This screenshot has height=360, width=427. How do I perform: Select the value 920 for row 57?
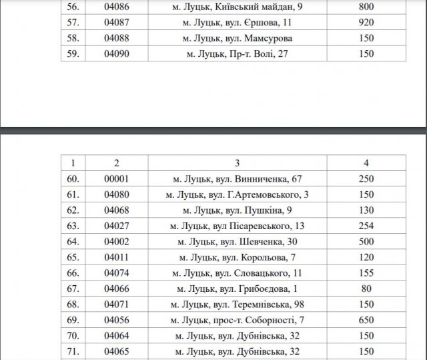pyautogui.click(x=366, y=22)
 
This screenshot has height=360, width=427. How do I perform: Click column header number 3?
pyautogui.click(x=237, y=162)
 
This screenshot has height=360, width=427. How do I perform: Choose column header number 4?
pyautogui.click(x=366, y=162)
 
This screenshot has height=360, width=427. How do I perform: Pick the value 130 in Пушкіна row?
pyautogui.click(x=366, y=210)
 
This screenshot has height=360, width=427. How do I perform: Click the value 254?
pyautogui.click(x=366, y=226)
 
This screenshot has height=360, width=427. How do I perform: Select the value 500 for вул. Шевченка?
pyautogui.click(x=366, y=242)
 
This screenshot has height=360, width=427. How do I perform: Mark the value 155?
pyautogui.click(x=366, y=273)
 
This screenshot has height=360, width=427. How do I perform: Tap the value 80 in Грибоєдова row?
pyautogui.click(x=366, y=289)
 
